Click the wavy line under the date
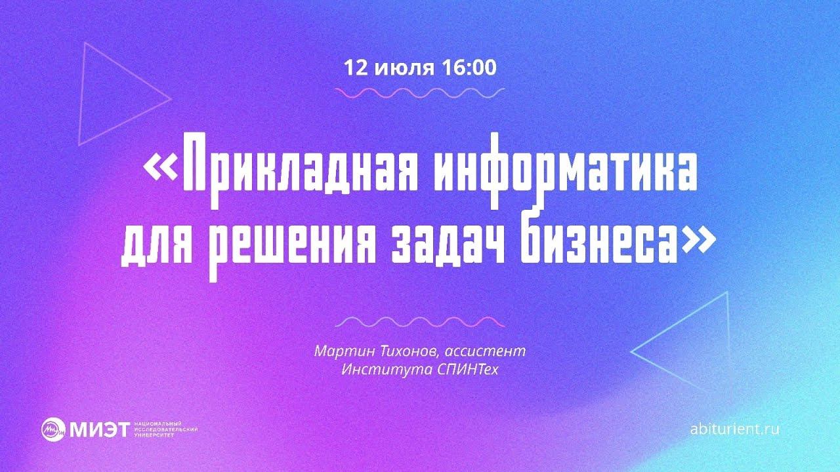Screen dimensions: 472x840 420,93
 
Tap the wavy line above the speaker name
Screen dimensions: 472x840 420,322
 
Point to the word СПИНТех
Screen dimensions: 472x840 467,369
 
